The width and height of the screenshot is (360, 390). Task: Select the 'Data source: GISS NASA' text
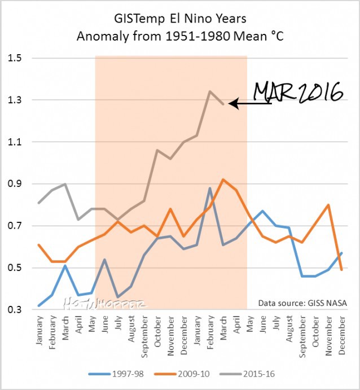point(302,303)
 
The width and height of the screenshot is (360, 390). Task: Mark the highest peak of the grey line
point(209,91)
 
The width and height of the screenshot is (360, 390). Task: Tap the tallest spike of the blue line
point(209,188)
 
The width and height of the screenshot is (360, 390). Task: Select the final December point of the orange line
point(341,270)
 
